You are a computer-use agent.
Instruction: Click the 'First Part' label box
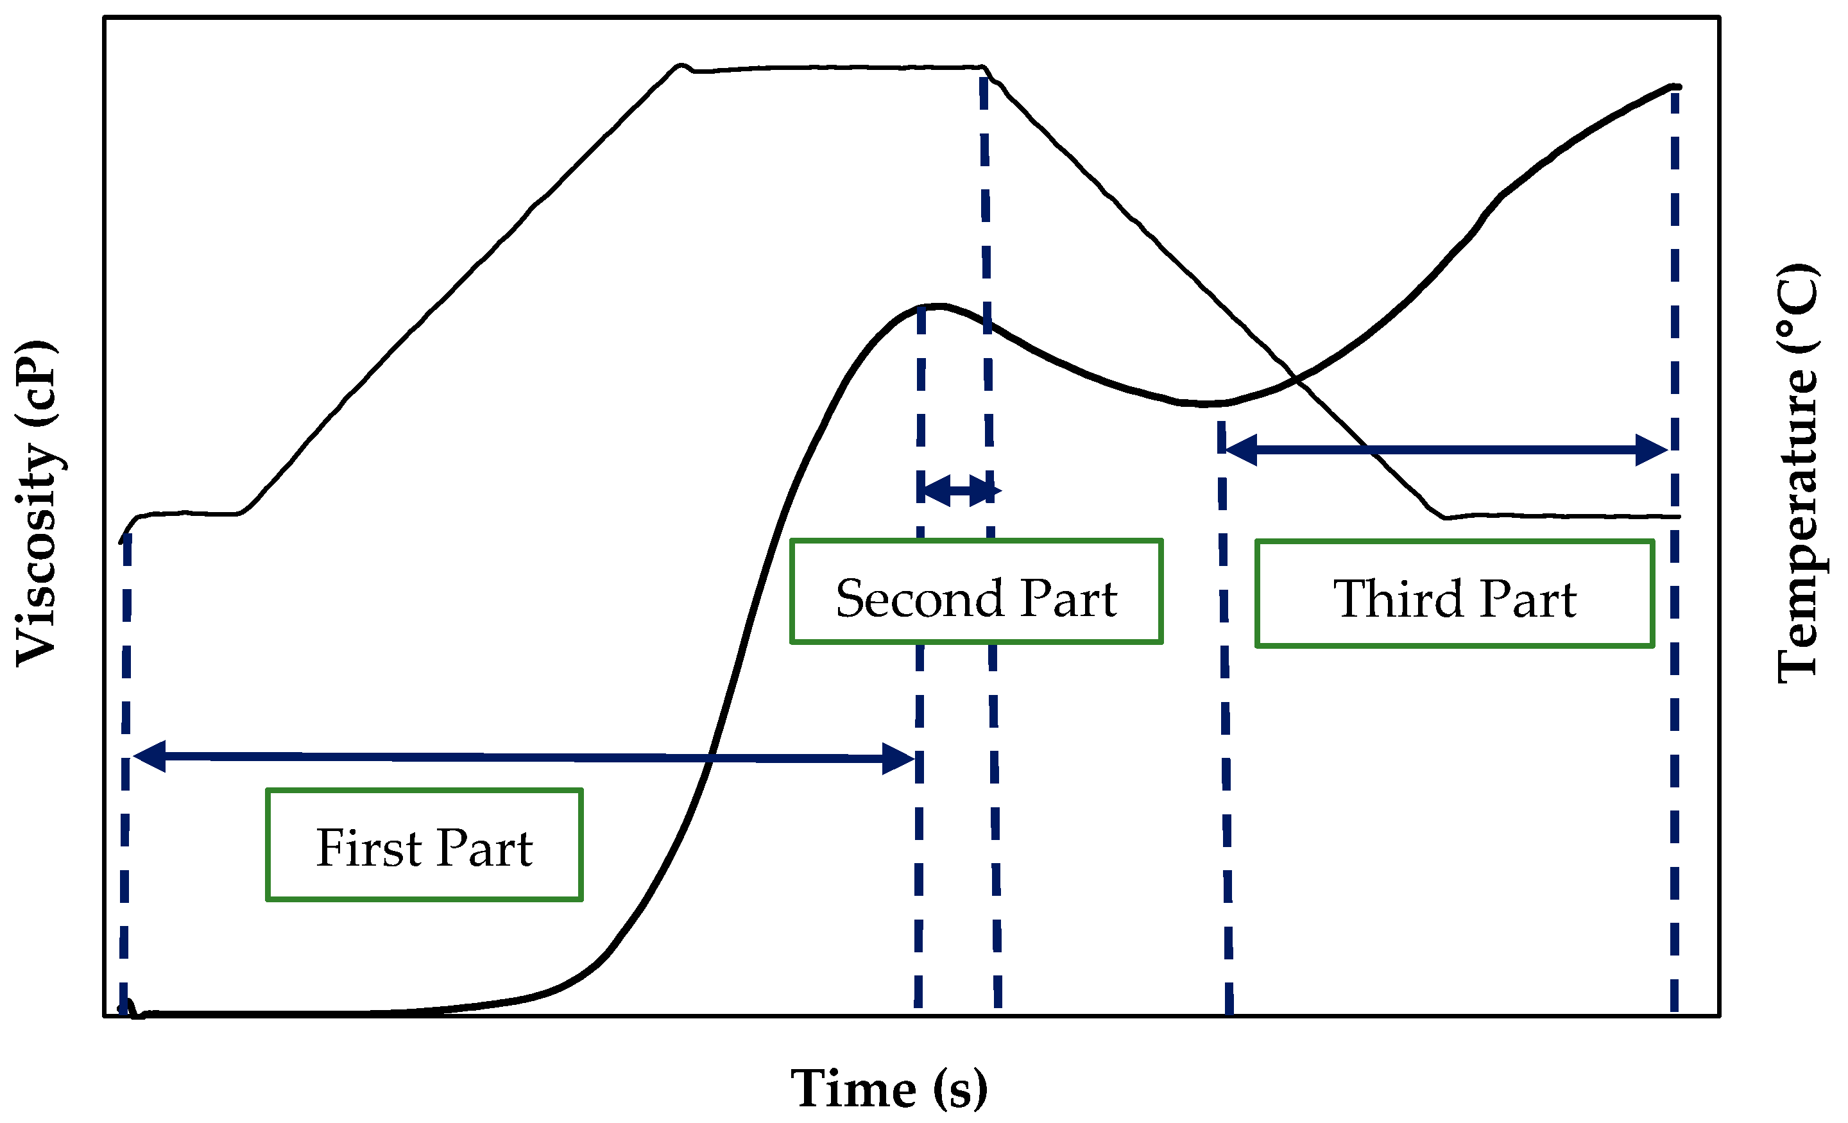click(425, 844)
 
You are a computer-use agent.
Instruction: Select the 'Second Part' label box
click(976, 591)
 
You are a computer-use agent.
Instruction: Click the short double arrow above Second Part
click(958, 491)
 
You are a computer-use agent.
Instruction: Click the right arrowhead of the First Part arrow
click(898, 759)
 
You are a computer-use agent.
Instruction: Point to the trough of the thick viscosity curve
click(1204, 404)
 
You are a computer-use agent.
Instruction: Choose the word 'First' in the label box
click(369, 848)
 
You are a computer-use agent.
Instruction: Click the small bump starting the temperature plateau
click(681, 66)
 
